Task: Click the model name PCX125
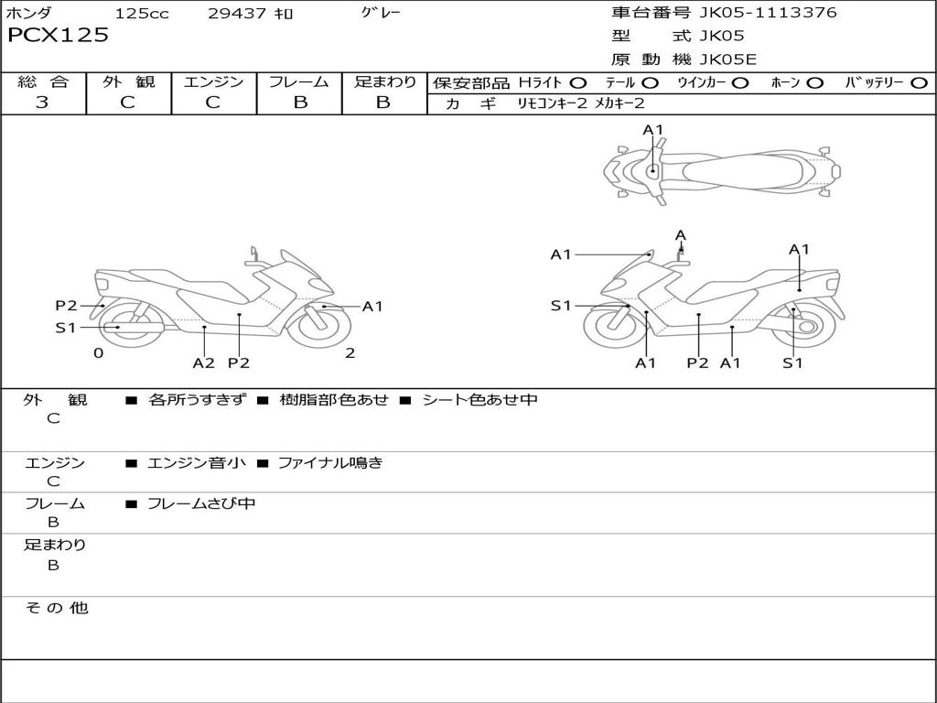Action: [58, 36]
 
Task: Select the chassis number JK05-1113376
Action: [768, 13]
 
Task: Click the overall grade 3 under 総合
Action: [42, 103]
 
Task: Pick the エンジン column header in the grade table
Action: [214, 81]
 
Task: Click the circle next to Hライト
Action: [577, 83]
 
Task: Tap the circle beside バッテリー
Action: [919, 83]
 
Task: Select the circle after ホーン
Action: [814, 83]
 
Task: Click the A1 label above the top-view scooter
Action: [653, 130]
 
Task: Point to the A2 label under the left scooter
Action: [204, 362]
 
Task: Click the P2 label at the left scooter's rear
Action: [66, 306]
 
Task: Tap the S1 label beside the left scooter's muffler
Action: [66, 328]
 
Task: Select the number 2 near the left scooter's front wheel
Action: [350, 353]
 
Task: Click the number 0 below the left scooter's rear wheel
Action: [99, 353]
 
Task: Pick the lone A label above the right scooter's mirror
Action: [681, 235]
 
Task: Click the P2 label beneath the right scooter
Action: [697, 362]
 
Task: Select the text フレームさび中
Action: [201, 504]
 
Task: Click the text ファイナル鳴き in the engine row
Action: [330, 462]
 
